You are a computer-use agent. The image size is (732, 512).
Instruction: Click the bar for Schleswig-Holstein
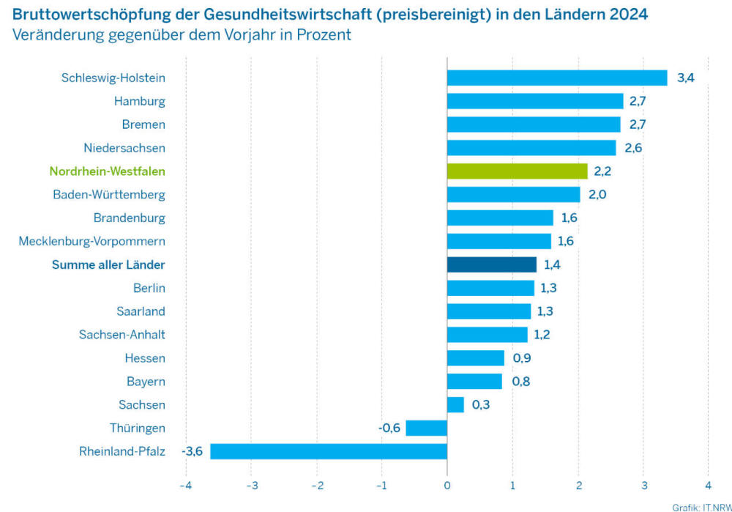[557, 78]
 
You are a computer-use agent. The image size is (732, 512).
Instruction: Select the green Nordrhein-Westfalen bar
[518, 171]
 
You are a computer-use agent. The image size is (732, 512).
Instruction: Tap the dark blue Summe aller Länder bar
[492, 264]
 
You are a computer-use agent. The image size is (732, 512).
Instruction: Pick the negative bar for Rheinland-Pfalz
[329, 451]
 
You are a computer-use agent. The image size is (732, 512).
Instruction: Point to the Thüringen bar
[427, 428]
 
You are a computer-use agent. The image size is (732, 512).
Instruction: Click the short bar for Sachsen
[455, 404]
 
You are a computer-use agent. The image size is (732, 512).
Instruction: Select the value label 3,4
[685, 78]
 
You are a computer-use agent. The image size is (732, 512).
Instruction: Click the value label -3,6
[193, 451]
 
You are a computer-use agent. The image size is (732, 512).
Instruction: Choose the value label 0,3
[481, 404]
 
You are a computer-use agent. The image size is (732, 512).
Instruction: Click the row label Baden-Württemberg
[109, 195]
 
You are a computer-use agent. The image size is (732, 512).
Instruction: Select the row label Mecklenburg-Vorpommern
[92, 241]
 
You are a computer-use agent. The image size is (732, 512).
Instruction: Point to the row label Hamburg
[140, 101]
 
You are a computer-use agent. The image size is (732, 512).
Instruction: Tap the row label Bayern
[146, 382]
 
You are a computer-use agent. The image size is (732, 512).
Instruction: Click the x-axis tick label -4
[185, 486]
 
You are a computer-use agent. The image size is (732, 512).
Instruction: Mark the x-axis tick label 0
[447, 486]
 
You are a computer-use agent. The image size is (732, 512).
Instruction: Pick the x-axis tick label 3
[643, 486]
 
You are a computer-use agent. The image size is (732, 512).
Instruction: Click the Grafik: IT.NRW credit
[701, 506]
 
